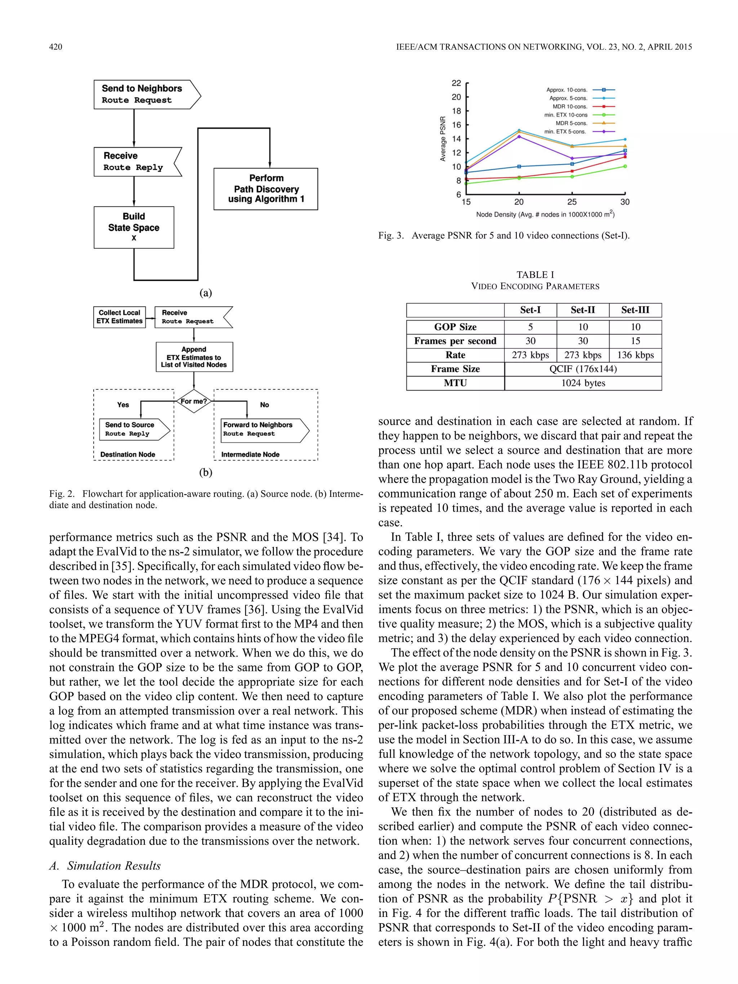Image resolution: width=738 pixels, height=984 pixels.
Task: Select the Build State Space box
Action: coord(134,227)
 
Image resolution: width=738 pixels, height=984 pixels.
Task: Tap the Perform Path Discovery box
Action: coord(266,189)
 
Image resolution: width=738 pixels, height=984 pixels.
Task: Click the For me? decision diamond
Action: coord(194,401)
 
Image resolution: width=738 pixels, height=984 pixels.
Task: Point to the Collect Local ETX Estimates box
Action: coord(120,317)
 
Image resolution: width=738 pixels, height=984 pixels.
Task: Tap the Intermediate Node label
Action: coord(250,454)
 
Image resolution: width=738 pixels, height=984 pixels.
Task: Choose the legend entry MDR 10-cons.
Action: coord(570,107)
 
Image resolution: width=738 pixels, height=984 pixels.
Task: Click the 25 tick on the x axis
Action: coord(572,202)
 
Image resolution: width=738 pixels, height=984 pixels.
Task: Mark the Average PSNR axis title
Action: coord(443,139)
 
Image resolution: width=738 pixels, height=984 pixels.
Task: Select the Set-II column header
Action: coord(582,310)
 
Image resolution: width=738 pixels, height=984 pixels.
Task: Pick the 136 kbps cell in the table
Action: coord(635,355)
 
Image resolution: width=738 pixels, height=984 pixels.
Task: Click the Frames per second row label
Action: coord(455,341)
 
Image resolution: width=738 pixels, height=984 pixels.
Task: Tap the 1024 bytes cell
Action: coord(583,383)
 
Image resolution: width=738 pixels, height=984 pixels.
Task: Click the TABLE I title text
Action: coord(535,274)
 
